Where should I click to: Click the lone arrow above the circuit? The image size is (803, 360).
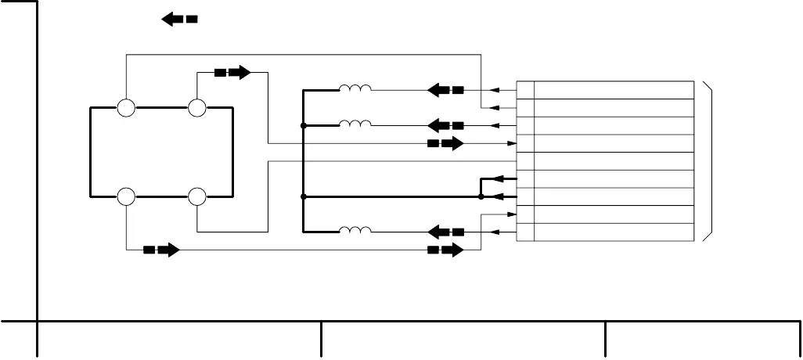click(x=178, y=20)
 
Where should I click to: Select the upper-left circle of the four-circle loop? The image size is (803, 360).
click(x=126, y=108)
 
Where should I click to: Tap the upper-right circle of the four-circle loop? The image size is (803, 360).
click(x=197, y=108)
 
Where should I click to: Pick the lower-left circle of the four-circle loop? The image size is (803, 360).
click(x=126, y=196)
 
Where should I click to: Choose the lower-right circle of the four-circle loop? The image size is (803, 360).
click(x=197, y=196)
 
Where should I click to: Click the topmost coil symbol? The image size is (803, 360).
click(x=355, y=88)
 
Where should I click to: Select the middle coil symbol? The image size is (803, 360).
click(x=355, y=124)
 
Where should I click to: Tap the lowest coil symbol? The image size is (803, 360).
click(x=355, y=230)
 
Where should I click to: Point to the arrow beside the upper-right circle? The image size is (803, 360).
click(x=232, y=73)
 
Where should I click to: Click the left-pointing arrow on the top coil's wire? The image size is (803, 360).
click(x=445, y=90)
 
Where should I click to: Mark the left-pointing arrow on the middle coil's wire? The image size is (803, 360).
click(x=445, y=125)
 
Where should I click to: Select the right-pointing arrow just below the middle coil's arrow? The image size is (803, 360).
click(x=445, y=143)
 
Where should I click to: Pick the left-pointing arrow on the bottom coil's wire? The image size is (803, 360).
click(x=445, y=232)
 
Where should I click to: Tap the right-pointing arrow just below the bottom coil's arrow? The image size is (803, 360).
click(x=445, y=250)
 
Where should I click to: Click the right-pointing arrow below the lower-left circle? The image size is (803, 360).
click(x=161, y=250)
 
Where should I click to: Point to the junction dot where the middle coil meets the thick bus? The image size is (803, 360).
click(x=303, y=125)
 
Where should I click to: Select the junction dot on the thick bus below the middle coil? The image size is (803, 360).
click(x=303, y=196)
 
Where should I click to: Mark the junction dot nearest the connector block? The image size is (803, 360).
click(x=481, y=196)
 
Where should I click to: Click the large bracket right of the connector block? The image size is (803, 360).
click(x=709, y=161)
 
